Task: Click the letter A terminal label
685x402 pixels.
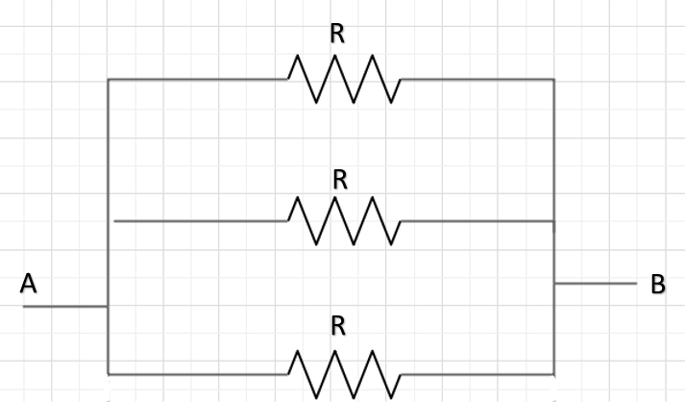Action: tap(29, 284)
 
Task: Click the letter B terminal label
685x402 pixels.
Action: tap(658, 284)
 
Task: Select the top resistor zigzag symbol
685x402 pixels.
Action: tap(344, 79)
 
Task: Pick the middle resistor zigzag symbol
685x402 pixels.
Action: tap(344, 221)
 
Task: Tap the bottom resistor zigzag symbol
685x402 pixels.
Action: tap(344, 373)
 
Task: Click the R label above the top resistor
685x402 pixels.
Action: tap(337, 34)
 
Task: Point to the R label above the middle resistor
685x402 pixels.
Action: tap(339, 180)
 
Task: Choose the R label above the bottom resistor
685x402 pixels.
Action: tap(337, 326)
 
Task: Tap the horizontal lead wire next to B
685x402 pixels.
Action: tap(596, 284)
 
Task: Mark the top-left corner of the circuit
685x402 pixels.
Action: tap(109, 79)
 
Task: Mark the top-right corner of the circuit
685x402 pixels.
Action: tap(553, 79)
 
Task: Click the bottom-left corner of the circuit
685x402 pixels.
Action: tap(109, 373)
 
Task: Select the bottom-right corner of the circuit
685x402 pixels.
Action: tap(553, 373)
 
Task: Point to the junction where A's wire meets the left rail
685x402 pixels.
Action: tap(109, 307)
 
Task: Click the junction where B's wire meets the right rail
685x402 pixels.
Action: tap(553, 284)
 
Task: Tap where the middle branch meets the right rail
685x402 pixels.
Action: tap(553, 221)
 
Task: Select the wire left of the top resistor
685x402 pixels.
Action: tap(197, 79)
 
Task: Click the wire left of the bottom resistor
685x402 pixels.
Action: tap(197, 373)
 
